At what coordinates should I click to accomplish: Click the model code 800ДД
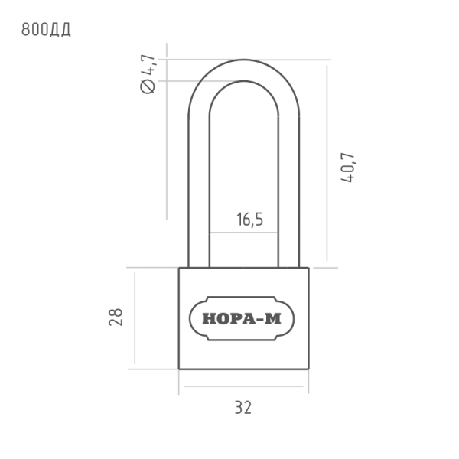[x=46, y=30]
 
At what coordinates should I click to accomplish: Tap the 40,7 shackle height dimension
[x=348, y=168]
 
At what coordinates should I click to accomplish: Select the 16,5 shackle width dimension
[x=249, y=220]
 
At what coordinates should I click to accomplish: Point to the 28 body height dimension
[x=116, y=317]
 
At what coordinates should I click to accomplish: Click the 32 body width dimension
[x=243, y=407]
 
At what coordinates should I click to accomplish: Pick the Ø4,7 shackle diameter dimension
[x=148, y=74]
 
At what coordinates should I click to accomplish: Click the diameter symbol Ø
[x=148, y=86]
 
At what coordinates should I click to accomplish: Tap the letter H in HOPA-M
[x=210, y=318]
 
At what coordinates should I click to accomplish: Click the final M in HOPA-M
[x=273, y=318]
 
